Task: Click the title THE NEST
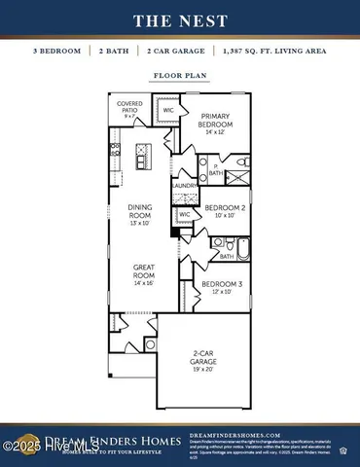(x=179, y=20)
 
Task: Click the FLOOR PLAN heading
(x=179, y=72)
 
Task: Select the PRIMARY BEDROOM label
(x=216, y=120)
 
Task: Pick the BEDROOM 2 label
(x=225, y=210)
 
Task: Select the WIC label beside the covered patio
(x=166, y=109)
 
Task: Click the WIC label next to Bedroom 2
(x=185, y=212)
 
